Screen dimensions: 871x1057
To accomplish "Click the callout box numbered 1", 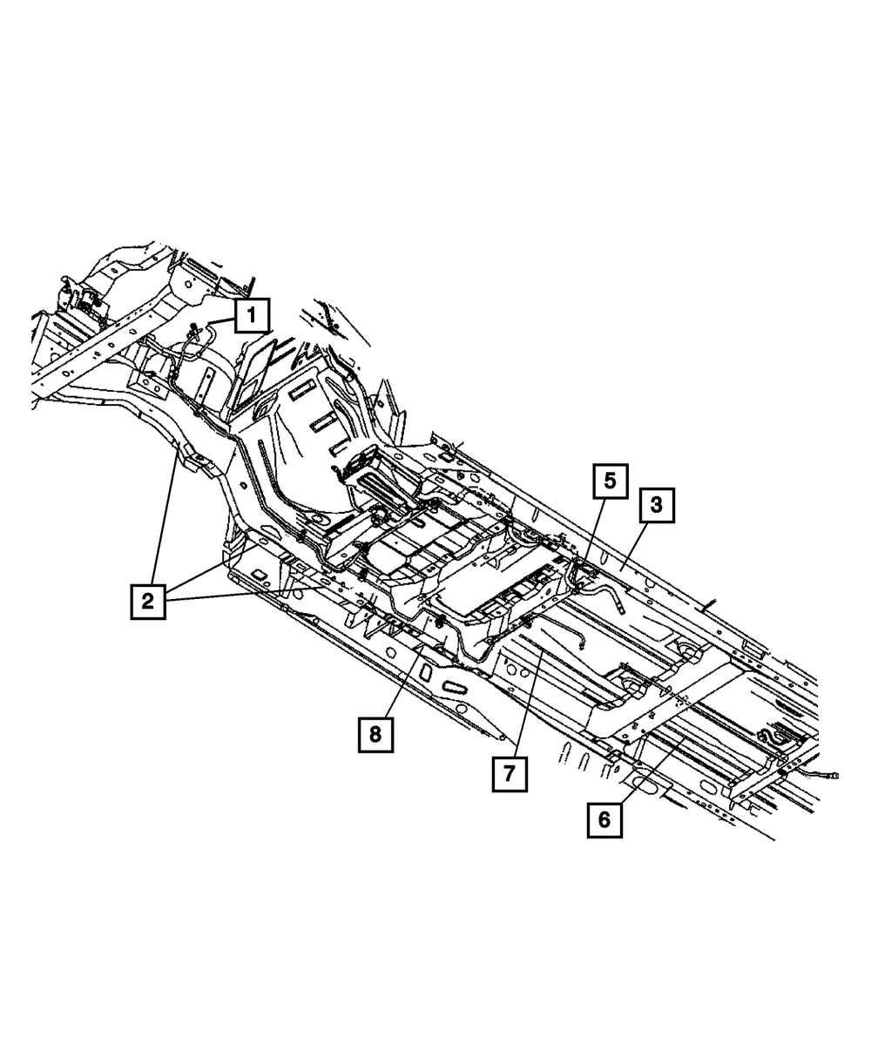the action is click(x=251, y=315).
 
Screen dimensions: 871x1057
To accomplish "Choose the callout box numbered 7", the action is click(x=510, y=771).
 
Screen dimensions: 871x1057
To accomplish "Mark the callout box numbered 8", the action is click(x=375, y=734).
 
